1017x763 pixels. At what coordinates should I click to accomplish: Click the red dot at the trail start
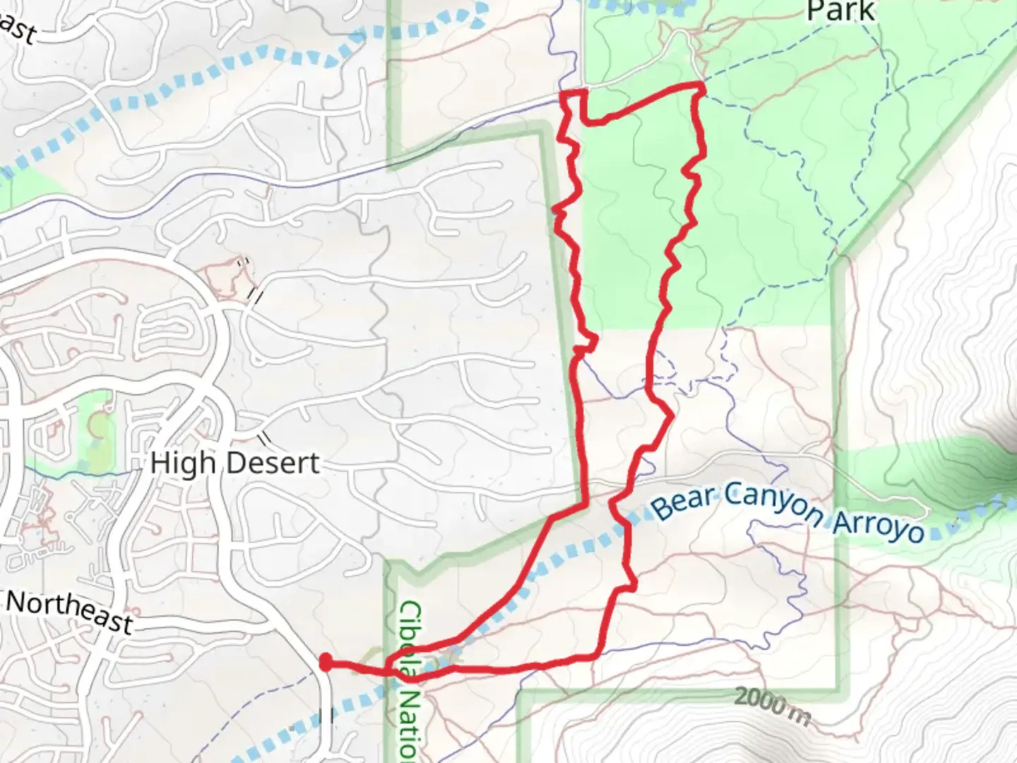click(x=326, y=662)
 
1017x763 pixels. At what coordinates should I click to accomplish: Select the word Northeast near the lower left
click(x=69, y=612)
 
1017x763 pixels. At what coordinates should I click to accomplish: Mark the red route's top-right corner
click(x=701, y=86)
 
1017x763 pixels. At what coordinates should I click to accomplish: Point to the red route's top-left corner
click(x=562, y=93)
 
